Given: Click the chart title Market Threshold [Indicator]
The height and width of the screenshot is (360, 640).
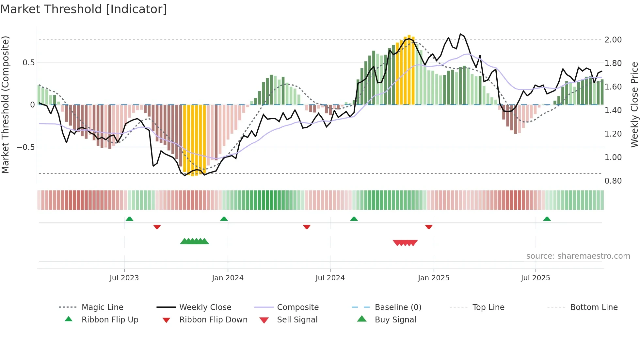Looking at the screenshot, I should (x=84, y=9).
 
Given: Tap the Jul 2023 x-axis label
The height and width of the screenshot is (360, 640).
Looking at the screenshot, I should (x=124, y=278).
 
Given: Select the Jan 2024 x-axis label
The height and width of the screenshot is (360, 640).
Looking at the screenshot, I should (x=228, y=278).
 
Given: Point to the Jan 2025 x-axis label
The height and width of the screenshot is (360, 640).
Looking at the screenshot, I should (x=433, y=278).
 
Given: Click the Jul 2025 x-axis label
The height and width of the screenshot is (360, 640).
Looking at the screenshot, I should (x=535, y=278).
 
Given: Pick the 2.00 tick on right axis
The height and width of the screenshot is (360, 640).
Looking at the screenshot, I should (x=613, y=40).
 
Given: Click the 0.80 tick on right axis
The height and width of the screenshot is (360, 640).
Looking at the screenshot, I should (x=613, y=181).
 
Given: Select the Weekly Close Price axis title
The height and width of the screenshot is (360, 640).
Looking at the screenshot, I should (x=634, y=105).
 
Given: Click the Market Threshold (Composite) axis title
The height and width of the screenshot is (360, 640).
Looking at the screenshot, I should (x=5, y=105).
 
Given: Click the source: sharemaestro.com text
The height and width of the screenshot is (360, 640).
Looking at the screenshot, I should (x=578, y=256).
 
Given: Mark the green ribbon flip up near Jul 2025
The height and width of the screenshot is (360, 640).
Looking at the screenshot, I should (x=547, y=219).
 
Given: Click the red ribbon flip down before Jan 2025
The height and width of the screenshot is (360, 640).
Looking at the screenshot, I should (x=429, y=227).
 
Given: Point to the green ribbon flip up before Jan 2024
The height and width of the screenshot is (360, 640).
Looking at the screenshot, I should (x=224, y=219).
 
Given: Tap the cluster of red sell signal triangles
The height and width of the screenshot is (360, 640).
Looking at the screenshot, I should (x=405, y=243).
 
